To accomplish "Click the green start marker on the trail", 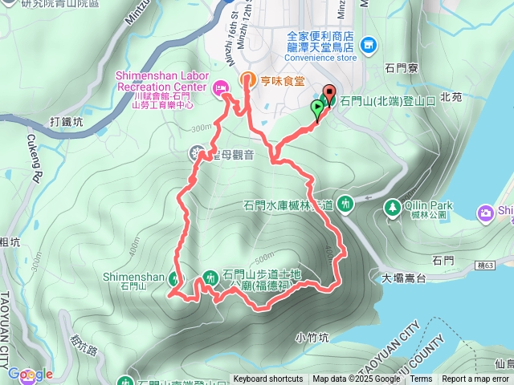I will pos(317,111).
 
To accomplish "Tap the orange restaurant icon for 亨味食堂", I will pos(247,79).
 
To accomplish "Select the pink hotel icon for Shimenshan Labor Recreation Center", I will pos(218,90).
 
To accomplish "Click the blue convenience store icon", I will pos(369,46).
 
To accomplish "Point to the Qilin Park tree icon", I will pos(392,206).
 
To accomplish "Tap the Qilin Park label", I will pos(427,205).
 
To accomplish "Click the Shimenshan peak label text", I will pos(133,277).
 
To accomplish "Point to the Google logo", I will pos(31,374).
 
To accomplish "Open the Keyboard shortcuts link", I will pos(268,379).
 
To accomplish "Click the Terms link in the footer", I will pos(421,379).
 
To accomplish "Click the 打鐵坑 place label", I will pos(66,123).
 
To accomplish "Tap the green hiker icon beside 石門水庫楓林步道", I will pos(345,204).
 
